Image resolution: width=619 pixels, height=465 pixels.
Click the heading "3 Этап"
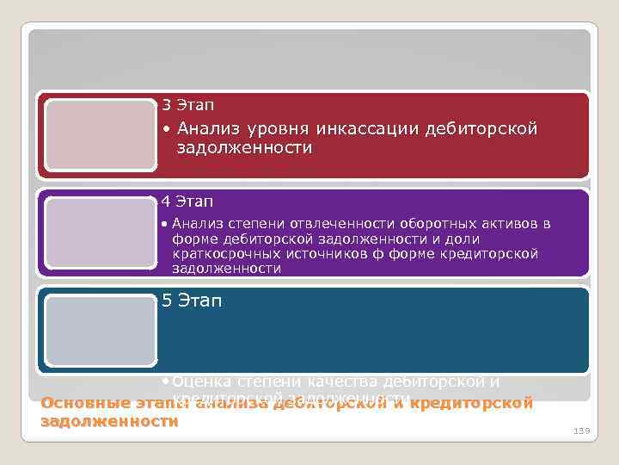[x=187, y=106]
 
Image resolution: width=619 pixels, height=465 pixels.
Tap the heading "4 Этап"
[x=187, y=202]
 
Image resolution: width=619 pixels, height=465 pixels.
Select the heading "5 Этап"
[x=192, y=301]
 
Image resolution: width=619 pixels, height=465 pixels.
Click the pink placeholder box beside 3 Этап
[x=100, y=136]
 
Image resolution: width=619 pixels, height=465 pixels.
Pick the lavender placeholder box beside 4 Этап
[x=100, y=233]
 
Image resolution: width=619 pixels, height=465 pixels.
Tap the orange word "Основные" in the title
[x=82, y=403]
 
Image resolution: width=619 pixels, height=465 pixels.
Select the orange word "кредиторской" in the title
[x=472, y=403]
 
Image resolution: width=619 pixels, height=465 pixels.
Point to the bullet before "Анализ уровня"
[x=165, y=130]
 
